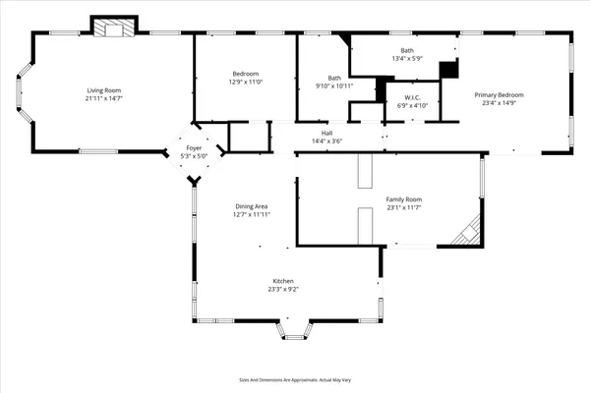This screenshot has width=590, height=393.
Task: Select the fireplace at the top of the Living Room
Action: tap(113, 28)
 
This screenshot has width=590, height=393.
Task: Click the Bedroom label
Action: tap(245, 75)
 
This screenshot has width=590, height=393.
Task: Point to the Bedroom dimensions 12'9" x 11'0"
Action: tap(245, 83)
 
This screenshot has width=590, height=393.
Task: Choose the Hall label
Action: tap(326, 133)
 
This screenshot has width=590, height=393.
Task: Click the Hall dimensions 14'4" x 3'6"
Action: tap(326, 140)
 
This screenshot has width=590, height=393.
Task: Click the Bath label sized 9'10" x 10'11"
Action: tap(334, 78)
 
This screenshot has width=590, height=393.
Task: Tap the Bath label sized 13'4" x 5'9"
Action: tap(407, 50)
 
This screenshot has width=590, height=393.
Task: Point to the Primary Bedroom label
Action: tap(499, 94)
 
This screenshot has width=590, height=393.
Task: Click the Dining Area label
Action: tap(251, 206)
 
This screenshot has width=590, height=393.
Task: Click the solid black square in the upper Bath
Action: tap(448, 70)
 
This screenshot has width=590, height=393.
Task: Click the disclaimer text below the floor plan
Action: tap(294, 378)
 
